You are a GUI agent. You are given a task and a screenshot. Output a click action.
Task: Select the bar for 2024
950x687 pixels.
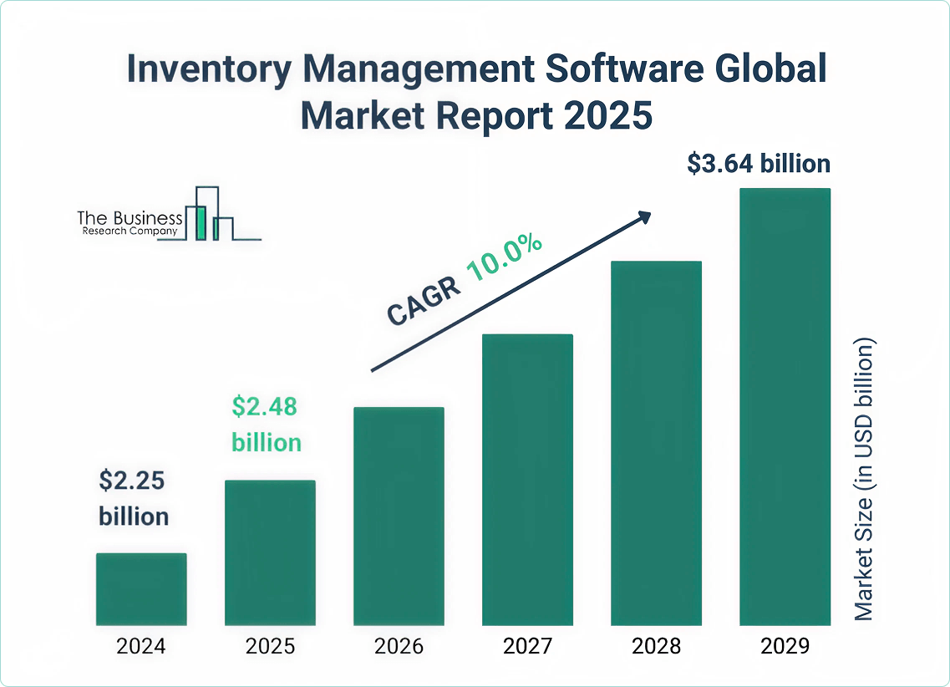click(141, 588)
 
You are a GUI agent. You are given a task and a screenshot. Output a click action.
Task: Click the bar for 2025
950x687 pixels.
click(270, 552)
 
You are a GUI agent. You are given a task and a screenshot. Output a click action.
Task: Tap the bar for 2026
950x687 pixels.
click(399, 516)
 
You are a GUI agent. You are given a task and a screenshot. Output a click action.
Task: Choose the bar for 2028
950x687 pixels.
click(656, 443)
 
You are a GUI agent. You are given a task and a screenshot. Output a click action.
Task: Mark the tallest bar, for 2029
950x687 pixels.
click(785, 406)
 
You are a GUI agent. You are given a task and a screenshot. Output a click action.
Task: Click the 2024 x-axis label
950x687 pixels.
click(141, 646)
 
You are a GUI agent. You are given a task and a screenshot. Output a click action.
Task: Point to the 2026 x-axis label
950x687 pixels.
click(399, 646)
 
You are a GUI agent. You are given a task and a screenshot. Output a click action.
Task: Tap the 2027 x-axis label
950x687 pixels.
click(527, 646)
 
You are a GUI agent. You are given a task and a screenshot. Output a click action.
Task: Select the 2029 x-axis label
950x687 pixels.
click(785, 646)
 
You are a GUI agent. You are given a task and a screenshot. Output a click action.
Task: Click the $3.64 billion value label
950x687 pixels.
click(759, 164)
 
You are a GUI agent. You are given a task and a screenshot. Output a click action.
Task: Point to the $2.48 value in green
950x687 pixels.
click(264, 408)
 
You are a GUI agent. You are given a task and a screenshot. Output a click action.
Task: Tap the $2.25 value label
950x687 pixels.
click(132, 481)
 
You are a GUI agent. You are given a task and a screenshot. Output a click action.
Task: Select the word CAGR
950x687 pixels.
click(423, 299)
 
